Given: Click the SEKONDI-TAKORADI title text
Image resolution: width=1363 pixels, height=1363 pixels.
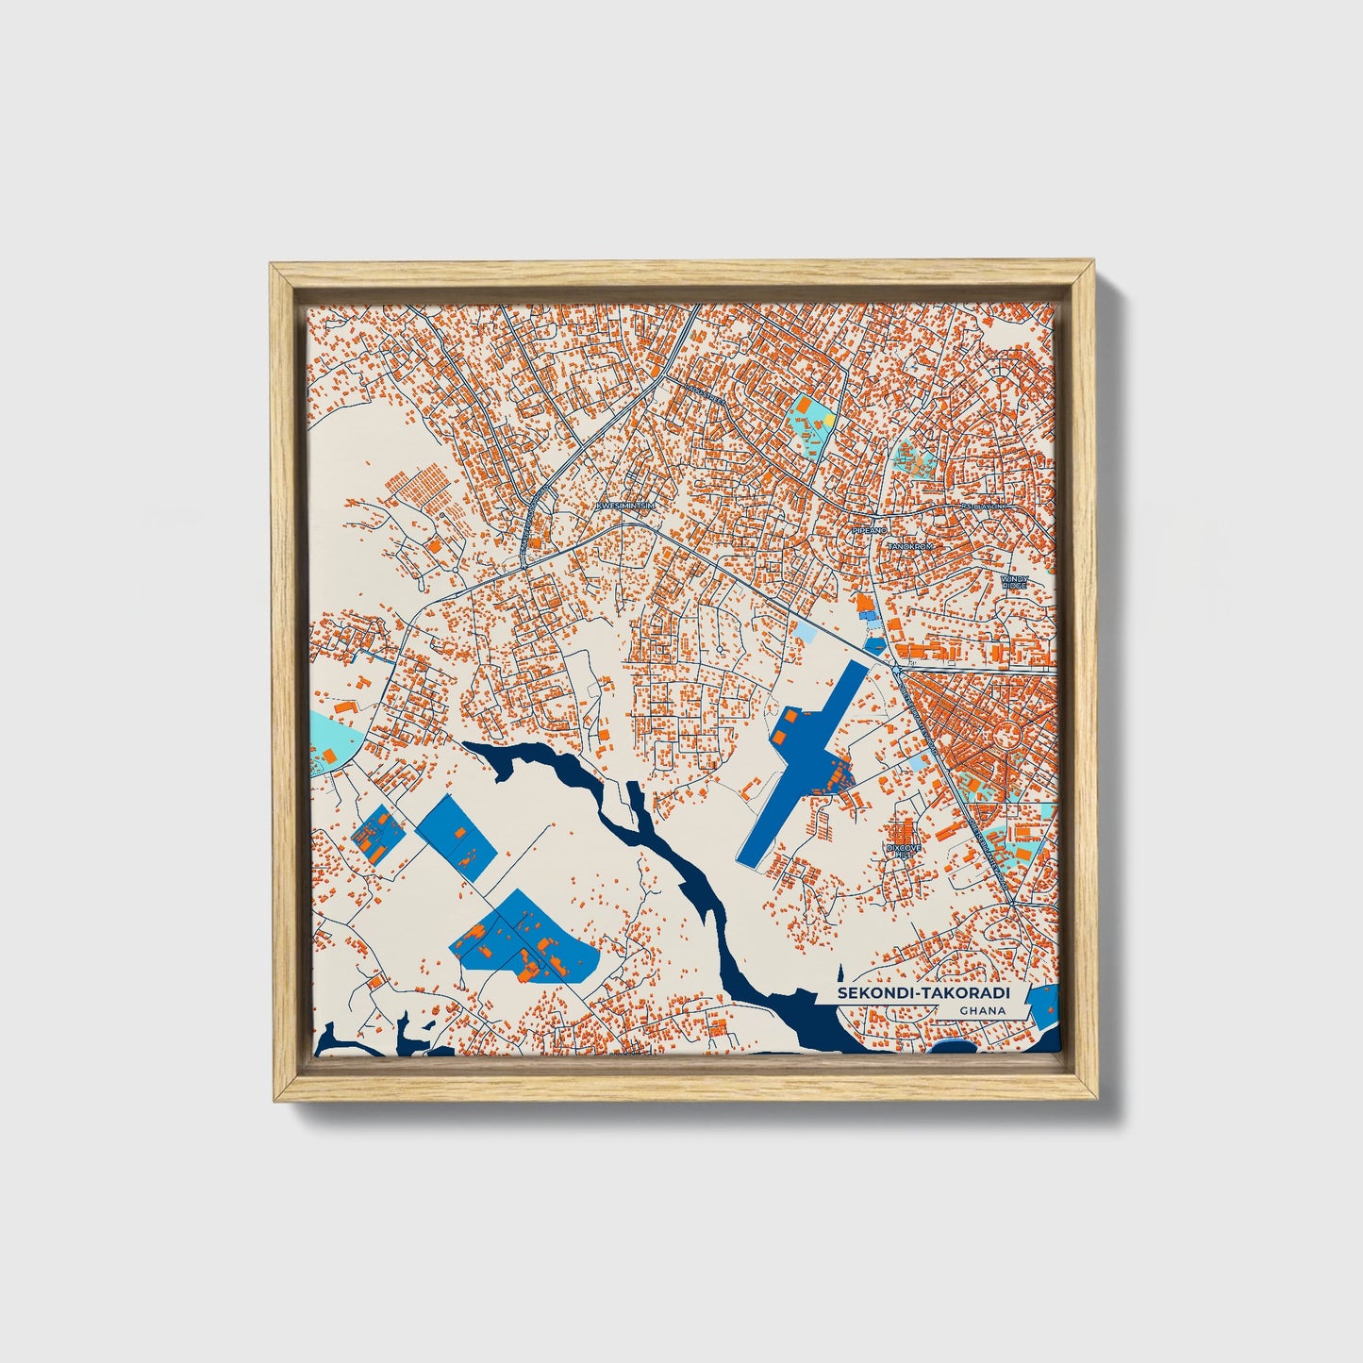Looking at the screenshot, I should [923, 994].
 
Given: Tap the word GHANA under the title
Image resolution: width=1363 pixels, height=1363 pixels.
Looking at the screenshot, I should [983, 1011].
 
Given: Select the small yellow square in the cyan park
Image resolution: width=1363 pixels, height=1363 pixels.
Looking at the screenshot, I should [828, 418].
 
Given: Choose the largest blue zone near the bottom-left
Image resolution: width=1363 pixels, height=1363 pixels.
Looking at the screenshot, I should [528, 939].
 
